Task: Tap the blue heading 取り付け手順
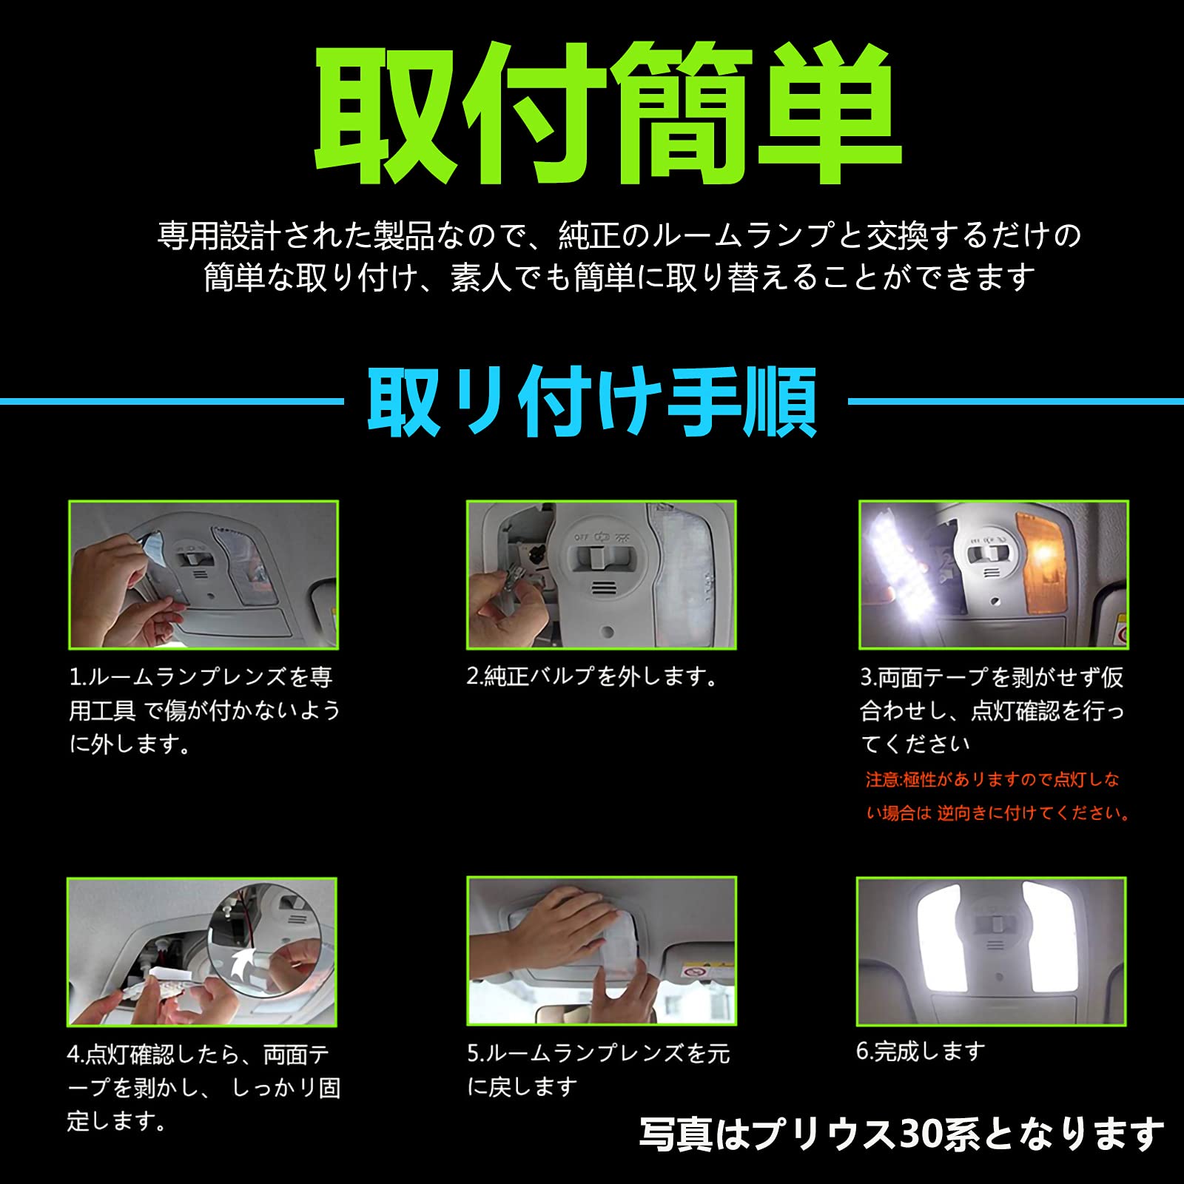point(593,403)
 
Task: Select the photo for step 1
point(203,575)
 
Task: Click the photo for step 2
point(602,575)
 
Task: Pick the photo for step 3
point(994,575)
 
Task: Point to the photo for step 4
point(202,952)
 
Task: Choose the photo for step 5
point(602,951)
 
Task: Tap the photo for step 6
point(992,952)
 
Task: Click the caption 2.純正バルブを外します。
point(592,676)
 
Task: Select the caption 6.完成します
point(921,1051)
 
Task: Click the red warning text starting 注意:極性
point(998,796)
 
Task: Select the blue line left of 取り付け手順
point(172,402)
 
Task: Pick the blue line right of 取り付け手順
point(1015,402)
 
